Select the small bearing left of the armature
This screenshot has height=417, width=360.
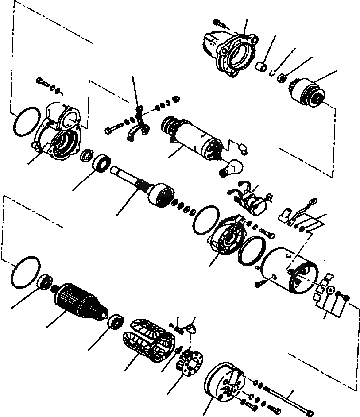click(x=45, y=282)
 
